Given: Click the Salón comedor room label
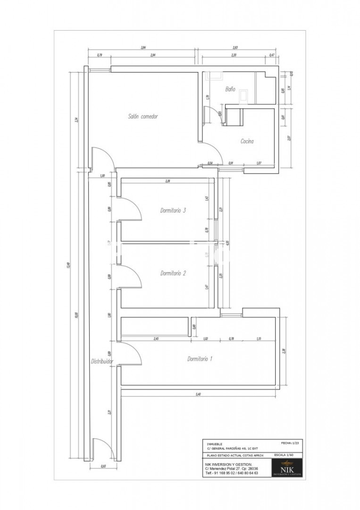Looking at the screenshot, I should click(x=142, y=116).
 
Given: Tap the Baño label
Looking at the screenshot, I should click(x=230, y=88).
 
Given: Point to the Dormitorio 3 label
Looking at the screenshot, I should click(x=173, y=211).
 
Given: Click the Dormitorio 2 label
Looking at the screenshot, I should click(x=173, y=273).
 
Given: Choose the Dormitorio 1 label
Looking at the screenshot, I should click(x=200, y=359).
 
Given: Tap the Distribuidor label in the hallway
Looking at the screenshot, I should click(x=102, y=361).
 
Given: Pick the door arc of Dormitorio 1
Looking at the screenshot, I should click(x=132, y=353).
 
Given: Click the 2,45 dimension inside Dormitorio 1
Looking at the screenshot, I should click(x=156, y=339).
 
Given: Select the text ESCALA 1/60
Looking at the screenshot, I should click(x=284, y=455).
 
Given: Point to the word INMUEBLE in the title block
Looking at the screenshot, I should click(x=215, y=444).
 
